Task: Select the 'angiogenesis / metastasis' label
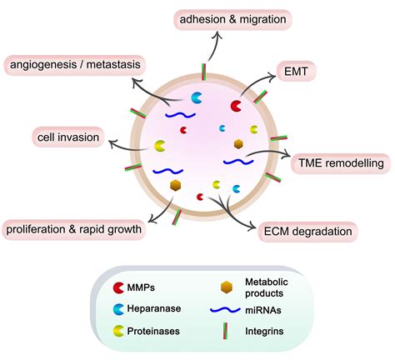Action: [75, 63]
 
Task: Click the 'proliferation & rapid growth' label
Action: [73, 227]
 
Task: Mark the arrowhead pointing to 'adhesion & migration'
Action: [215, 35]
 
